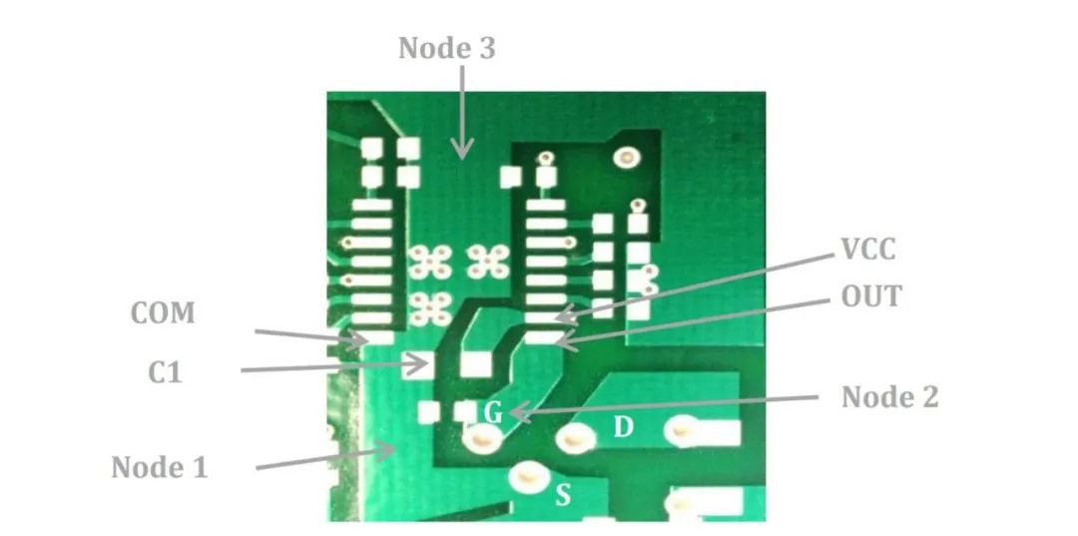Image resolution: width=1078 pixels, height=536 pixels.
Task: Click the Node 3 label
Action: [x=446, y=48]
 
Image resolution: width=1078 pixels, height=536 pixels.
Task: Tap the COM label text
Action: [x=163, y=313]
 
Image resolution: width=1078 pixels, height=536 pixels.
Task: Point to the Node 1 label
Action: [x=159, y=466]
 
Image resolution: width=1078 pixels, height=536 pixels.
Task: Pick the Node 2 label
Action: [x=889, y=396]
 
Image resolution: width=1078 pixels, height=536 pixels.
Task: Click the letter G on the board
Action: [x=493, y=412]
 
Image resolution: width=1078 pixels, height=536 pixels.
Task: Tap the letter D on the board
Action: [x=623, y=427]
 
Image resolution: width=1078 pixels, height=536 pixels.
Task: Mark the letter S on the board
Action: [x=563, y=494]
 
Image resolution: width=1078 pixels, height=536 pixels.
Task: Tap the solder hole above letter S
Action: [x=526, y=477]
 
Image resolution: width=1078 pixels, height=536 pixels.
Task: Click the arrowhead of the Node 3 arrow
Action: [x=461, y=155]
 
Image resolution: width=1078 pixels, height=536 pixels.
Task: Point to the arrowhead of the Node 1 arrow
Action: [x=392, y=450]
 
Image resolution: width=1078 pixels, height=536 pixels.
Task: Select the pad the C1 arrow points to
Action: [x=413, y=364]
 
